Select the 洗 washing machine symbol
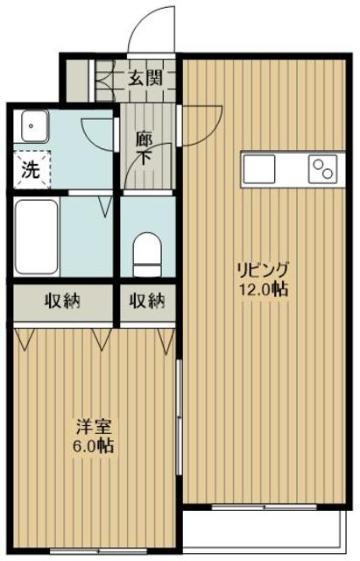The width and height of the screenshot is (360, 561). coord(30,171)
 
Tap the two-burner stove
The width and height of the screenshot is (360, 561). coord(321,166)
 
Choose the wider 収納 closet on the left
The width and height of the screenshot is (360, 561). coord(63,302)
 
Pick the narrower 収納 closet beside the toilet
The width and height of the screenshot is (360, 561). coord(146,302)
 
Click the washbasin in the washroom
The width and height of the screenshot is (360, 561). coord(32,127)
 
